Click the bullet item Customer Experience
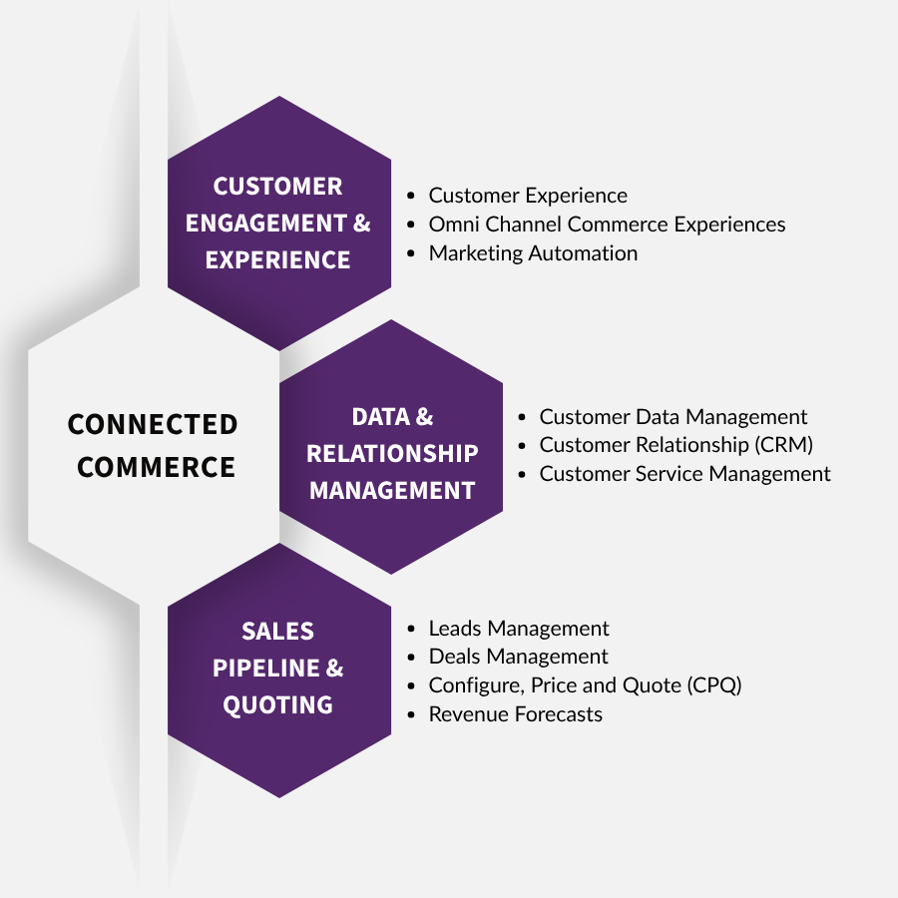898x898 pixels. pos(528,196)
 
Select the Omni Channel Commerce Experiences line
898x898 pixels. pos(607,224)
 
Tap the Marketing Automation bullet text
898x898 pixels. pos(533,253)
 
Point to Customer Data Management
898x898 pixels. pos(673,417)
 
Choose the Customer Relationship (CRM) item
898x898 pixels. pos(675,445)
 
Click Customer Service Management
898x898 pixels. pos(684,474)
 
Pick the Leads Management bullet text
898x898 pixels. pos(519,629)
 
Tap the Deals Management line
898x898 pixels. pos(518,657)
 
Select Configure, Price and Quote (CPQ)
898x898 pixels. pos(586,685)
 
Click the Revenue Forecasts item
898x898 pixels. pos(516,714)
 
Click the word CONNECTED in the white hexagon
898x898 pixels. pos(153,424)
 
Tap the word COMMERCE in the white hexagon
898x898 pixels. pos(156,467)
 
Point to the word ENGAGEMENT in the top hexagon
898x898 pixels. pos(266,224)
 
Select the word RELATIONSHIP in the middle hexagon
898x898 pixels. pos(392,454)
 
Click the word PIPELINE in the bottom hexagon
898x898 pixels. pos(266,669)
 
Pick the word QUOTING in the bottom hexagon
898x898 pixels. pos(277,705)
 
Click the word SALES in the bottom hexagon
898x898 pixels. pos(277,632)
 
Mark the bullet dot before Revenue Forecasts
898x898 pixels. pos(411,714)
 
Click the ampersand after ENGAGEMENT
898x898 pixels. pos(362,224)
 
